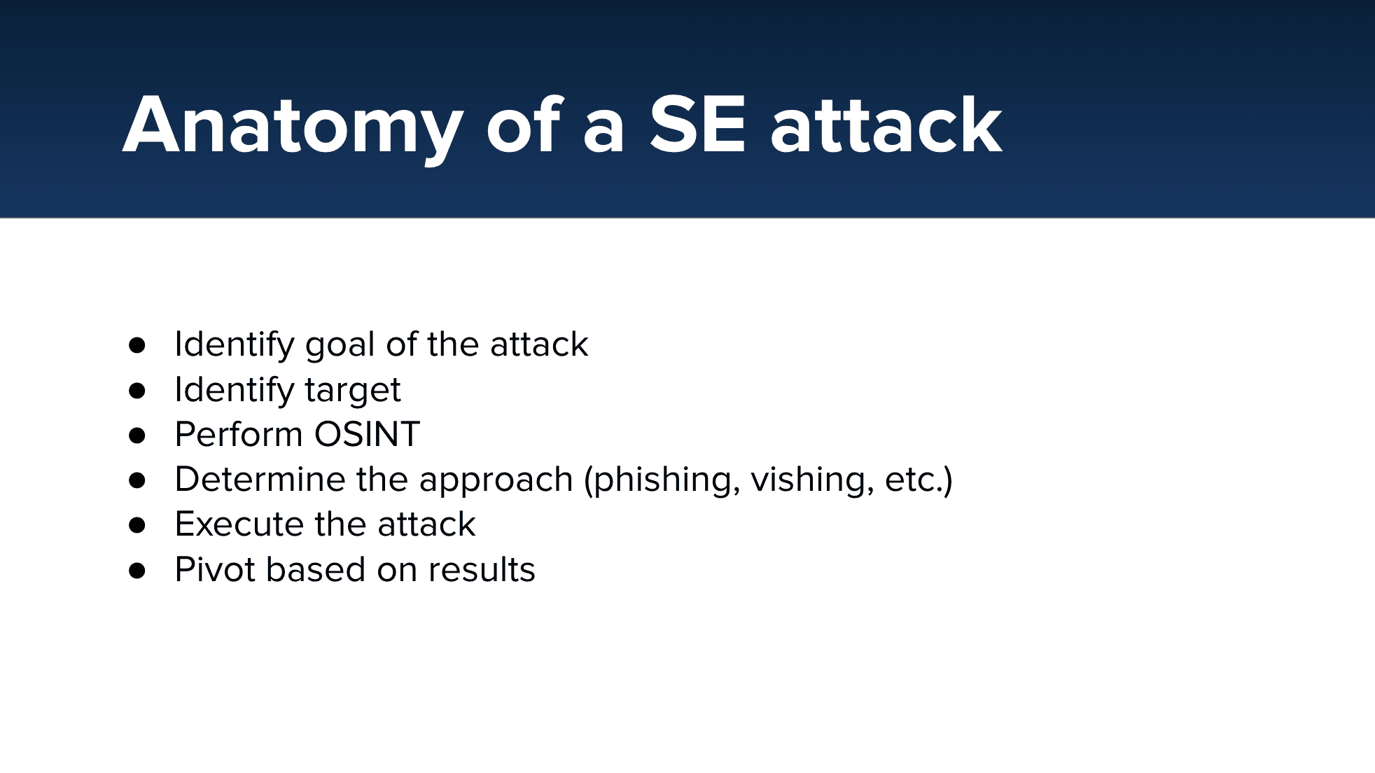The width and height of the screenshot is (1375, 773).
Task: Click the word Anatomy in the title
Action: [x=293, y=127]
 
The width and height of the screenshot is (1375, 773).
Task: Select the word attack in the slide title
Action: [x=886, y=126]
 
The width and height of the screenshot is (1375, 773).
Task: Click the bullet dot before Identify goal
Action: [x=137, y=344]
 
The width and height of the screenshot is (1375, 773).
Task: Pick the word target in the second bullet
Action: [x=353, y=391]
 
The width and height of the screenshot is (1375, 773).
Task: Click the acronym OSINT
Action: [x=367, y=434]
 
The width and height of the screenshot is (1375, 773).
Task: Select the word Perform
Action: [x=239, y=434]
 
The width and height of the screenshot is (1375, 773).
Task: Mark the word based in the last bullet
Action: [x=316, y=569]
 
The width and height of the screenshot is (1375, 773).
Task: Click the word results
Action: [x=482, y=569]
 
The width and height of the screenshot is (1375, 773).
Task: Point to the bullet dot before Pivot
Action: [x=137, y=571]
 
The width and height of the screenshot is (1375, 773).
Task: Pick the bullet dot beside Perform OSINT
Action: [x=137, y=436]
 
